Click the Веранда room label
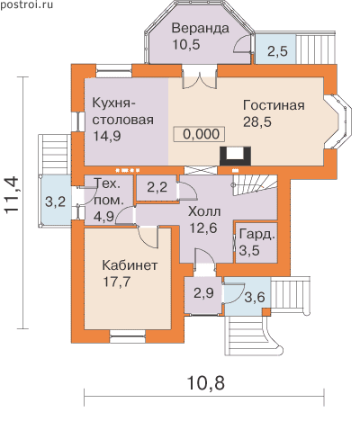point(200,29)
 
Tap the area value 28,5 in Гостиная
point(257,122)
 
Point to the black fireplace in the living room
point(235,156)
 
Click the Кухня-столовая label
point(122,112)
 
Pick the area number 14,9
point(107,136)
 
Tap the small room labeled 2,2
point(157,188)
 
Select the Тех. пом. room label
point(108,192)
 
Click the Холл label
point(204,211)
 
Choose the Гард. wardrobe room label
point(257,235)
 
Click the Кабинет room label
point(130,265)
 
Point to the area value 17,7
point(117,282)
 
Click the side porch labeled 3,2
point(55,202)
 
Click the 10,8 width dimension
point(205,383)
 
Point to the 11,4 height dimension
point(13,196)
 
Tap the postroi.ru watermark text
point(26,4)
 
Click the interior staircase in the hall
point(254,185)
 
